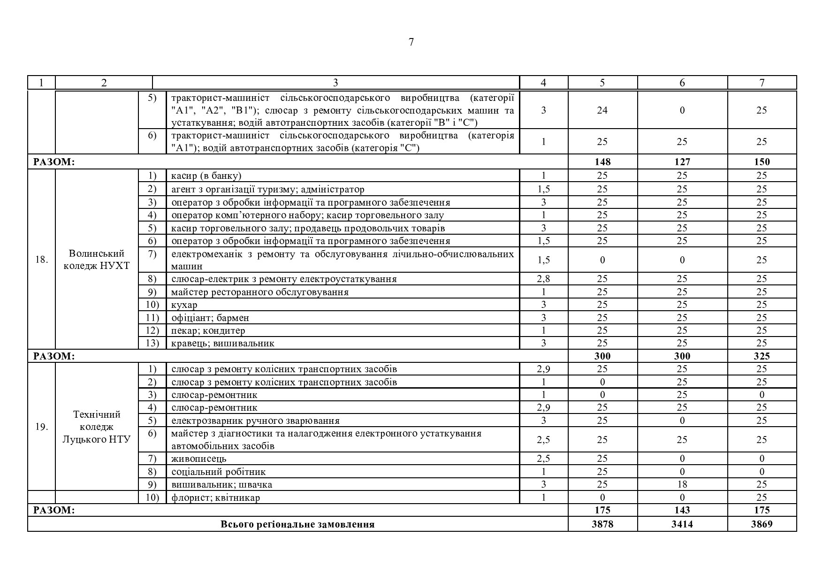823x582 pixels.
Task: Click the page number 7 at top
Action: (411, 42)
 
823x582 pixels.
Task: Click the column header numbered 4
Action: (543, 83)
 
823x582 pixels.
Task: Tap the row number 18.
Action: (42, 260)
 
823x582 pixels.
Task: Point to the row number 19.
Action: (42, 427)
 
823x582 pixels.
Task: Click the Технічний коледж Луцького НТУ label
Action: (97, 427)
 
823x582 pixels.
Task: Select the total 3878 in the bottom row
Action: (602, 524)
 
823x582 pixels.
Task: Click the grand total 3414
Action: (682, 524)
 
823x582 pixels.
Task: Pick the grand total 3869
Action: (762, 524)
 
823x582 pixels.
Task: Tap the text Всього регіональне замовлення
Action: (297, 524)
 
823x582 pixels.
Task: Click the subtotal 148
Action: (602, 162)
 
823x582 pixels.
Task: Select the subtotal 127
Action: (682, 162)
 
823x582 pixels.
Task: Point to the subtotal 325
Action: (762, 356)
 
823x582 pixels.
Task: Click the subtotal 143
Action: (682, 510)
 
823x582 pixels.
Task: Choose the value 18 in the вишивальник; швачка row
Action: (682, 484)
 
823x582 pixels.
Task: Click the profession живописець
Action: (199, 459)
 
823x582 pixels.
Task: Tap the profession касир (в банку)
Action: (206, 176)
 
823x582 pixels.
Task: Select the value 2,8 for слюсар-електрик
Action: (543, 279)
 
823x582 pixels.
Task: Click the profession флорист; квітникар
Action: (216, 498)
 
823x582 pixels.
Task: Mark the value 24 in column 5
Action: (602, 110)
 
